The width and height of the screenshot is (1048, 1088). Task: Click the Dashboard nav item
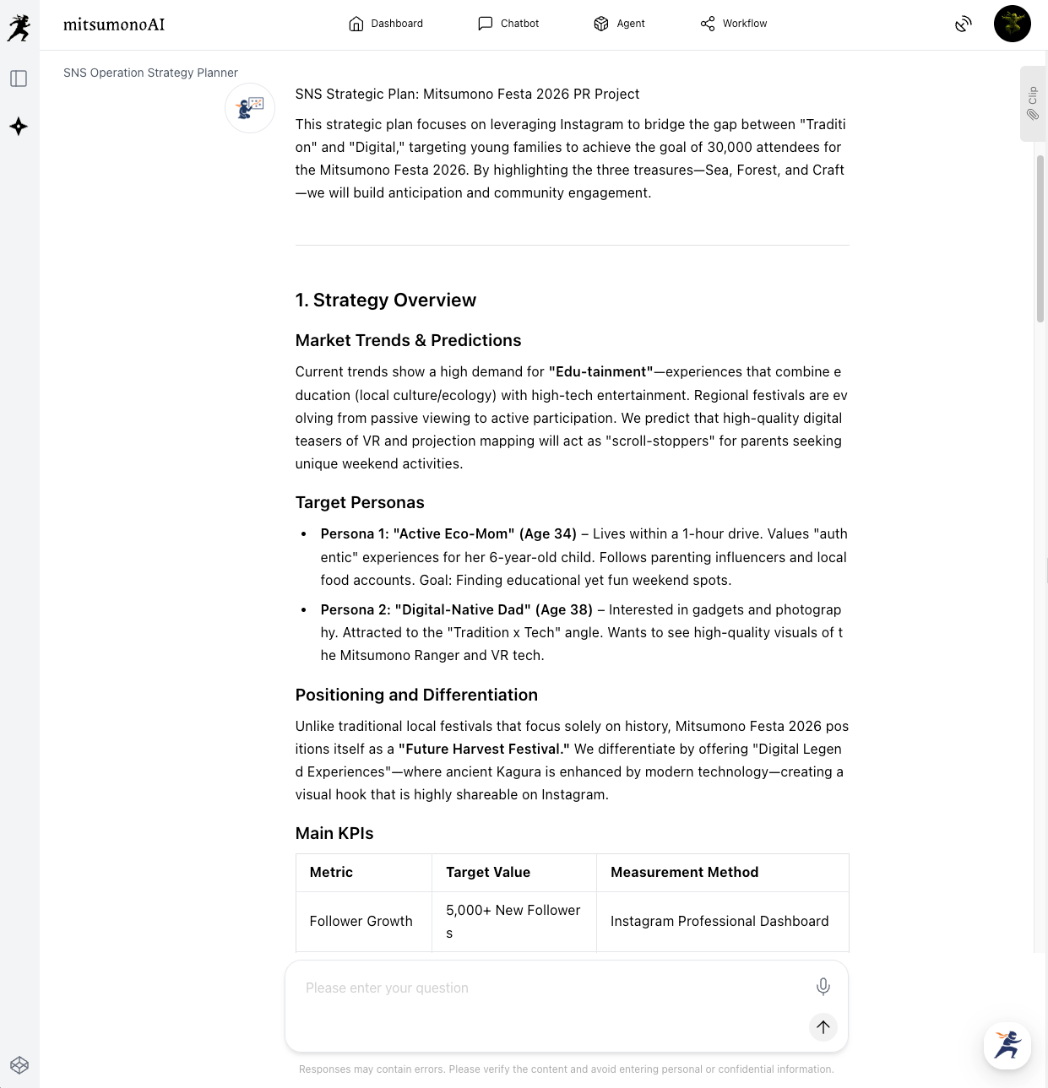386,24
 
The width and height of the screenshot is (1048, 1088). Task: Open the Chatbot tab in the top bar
508,24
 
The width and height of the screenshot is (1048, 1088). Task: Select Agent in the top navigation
619,24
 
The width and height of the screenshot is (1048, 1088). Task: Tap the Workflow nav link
734,24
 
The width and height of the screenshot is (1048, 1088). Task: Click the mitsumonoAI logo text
114,24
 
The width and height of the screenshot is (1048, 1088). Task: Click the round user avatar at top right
1012,24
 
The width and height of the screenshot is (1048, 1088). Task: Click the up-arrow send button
823,1026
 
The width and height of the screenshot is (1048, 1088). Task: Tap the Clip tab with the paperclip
1033,103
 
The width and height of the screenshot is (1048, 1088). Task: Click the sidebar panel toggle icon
19,78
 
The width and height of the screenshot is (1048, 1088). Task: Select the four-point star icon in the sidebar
19,127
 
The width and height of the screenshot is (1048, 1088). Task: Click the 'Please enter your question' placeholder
387,988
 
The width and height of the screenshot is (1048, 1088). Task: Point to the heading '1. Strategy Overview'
386,300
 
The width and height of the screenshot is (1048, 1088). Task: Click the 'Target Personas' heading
360,502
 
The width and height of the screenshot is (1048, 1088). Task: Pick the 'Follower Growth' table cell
361,921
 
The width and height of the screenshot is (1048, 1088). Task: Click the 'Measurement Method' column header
684,872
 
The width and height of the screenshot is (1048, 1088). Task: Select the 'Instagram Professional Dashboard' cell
719,921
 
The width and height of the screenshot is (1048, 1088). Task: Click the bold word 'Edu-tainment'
600,371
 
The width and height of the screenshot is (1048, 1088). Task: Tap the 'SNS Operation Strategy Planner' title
150,73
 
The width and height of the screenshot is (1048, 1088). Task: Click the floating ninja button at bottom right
1007,1045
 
